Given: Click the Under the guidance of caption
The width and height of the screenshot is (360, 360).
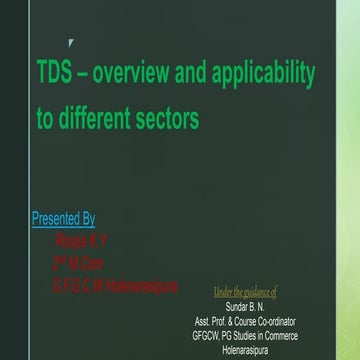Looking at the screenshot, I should click(245, 292).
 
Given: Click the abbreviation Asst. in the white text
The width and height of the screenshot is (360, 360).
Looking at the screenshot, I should click(205, 320).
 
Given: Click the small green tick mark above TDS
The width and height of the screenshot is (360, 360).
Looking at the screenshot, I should click(68, 43).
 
